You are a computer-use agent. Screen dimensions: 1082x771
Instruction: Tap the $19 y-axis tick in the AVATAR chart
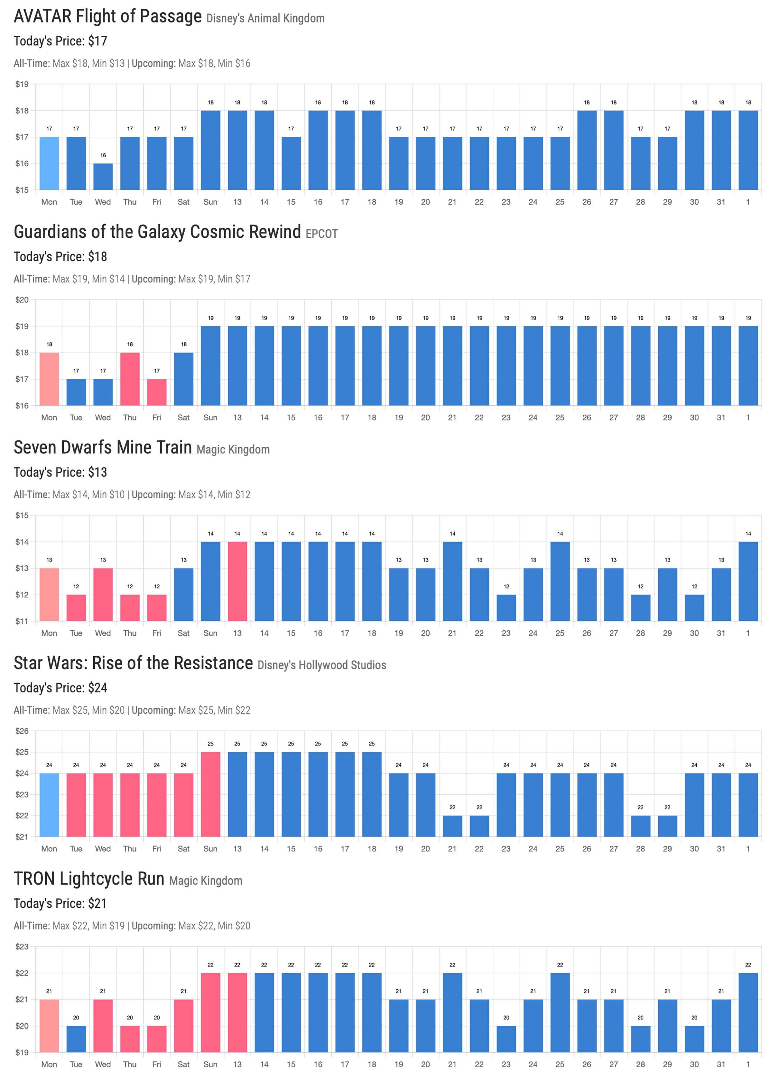[x=22, y=85]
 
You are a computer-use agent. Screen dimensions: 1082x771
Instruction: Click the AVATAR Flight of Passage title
[x=108, y=17]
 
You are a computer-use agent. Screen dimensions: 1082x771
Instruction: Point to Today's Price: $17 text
[x=60, y=41]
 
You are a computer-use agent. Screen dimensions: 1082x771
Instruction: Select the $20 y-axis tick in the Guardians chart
[x=22, y=300]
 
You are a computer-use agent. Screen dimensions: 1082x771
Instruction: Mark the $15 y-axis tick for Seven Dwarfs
[x=22, y=515]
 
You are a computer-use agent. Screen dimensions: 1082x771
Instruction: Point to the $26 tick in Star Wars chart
[x=22, y=731]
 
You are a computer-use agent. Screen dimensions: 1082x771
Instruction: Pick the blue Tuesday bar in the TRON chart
[x=76, y=1039]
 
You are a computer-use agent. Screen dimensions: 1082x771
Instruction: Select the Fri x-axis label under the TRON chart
[x=157, y=1065]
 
